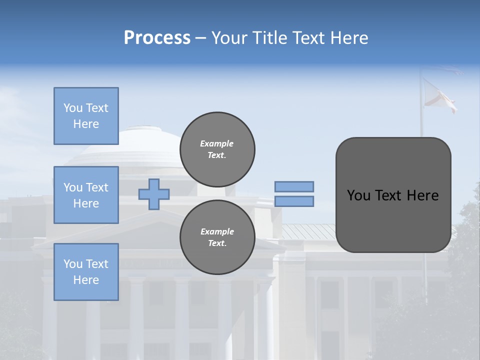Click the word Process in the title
[x=157, y=38]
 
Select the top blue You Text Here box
[x=86, y=116]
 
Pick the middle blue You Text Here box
[x=86, y=195]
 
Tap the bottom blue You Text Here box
[x=86, y=272]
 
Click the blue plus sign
[x=154, y=194]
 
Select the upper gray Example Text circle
[x=217, y=149]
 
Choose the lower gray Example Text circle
[x=217, y=237]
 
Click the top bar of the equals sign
[x=294, y=186]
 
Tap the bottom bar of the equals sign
[x=294, y=201]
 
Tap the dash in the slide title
[x=201, y=38]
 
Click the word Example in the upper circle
[x=217, y=143]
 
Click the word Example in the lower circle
[x=217, y=231]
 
